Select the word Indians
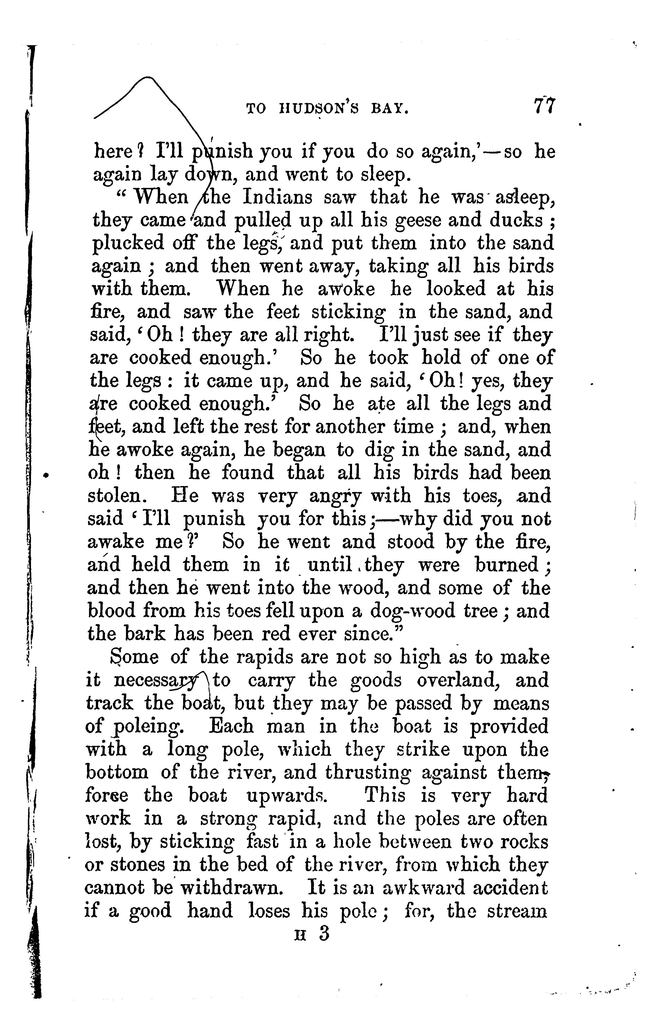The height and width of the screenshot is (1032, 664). point(277,197)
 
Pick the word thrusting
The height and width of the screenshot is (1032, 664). point(368,772)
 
